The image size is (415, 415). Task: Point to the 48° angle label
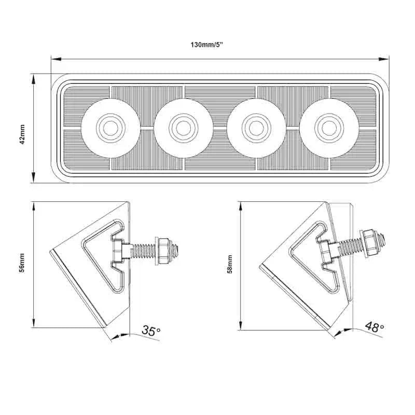click(x=374, y=327)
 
